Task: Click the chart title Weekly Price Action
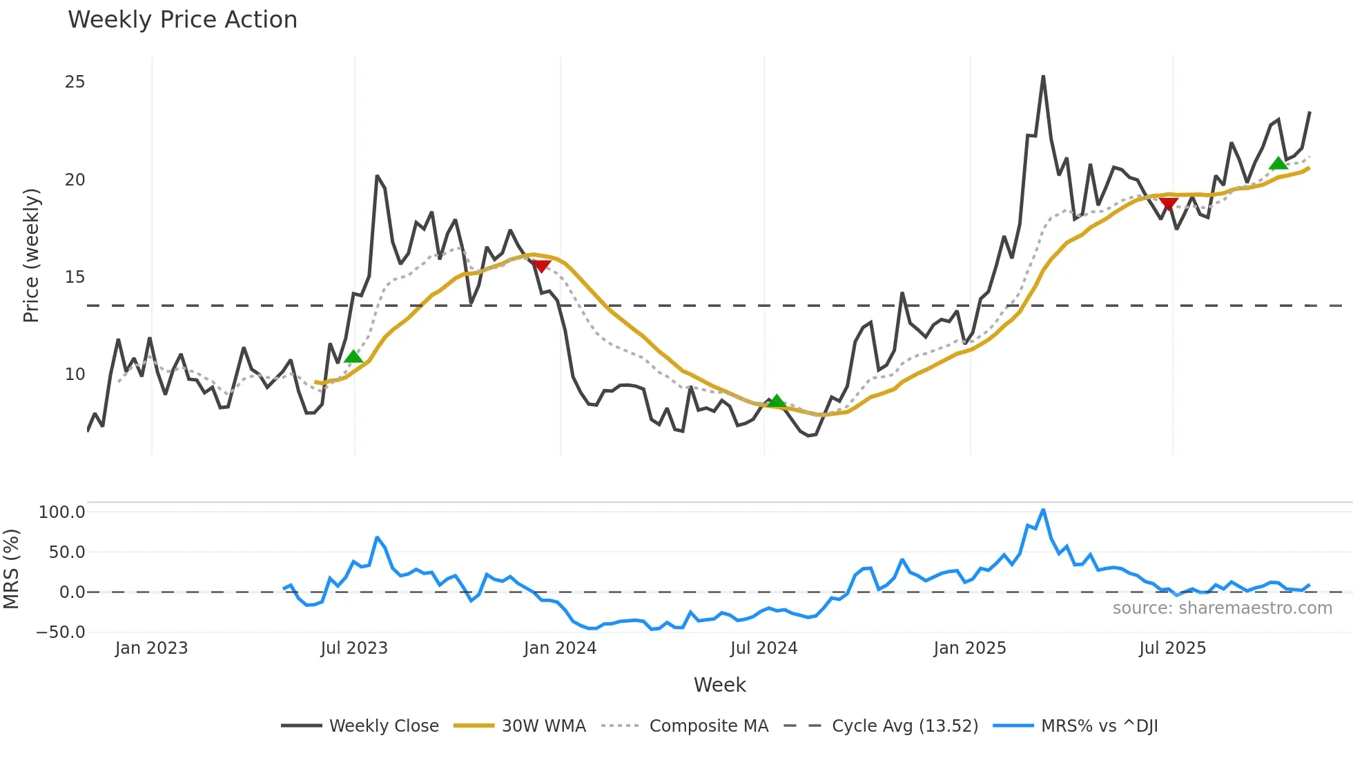pos(182,20)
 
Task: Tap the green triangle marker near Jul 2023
pos(353,357)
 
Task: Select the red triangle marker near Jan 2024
pos(541,266)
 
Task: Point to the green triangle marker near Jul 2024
pos(777,401)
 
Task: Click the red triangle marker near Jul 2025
pos(1168,204)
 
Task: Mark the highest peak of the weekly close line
pos(1043,77)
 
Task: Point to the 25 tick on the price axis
pos(75,82)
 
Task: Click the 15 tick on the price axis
pos(75,277)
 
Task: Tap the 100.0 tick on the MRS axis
pos(62,512)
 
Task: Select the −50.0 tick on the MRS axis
pos(61,632)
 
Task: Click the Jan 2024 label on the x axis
pos(560,648)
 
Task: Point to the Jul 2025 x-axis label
pos(1172,648)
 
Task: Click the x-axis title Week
pos(719,685)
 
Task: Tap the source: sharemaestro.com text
pos(1222,608)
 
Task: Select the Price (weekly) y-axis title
pos(32,255)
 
